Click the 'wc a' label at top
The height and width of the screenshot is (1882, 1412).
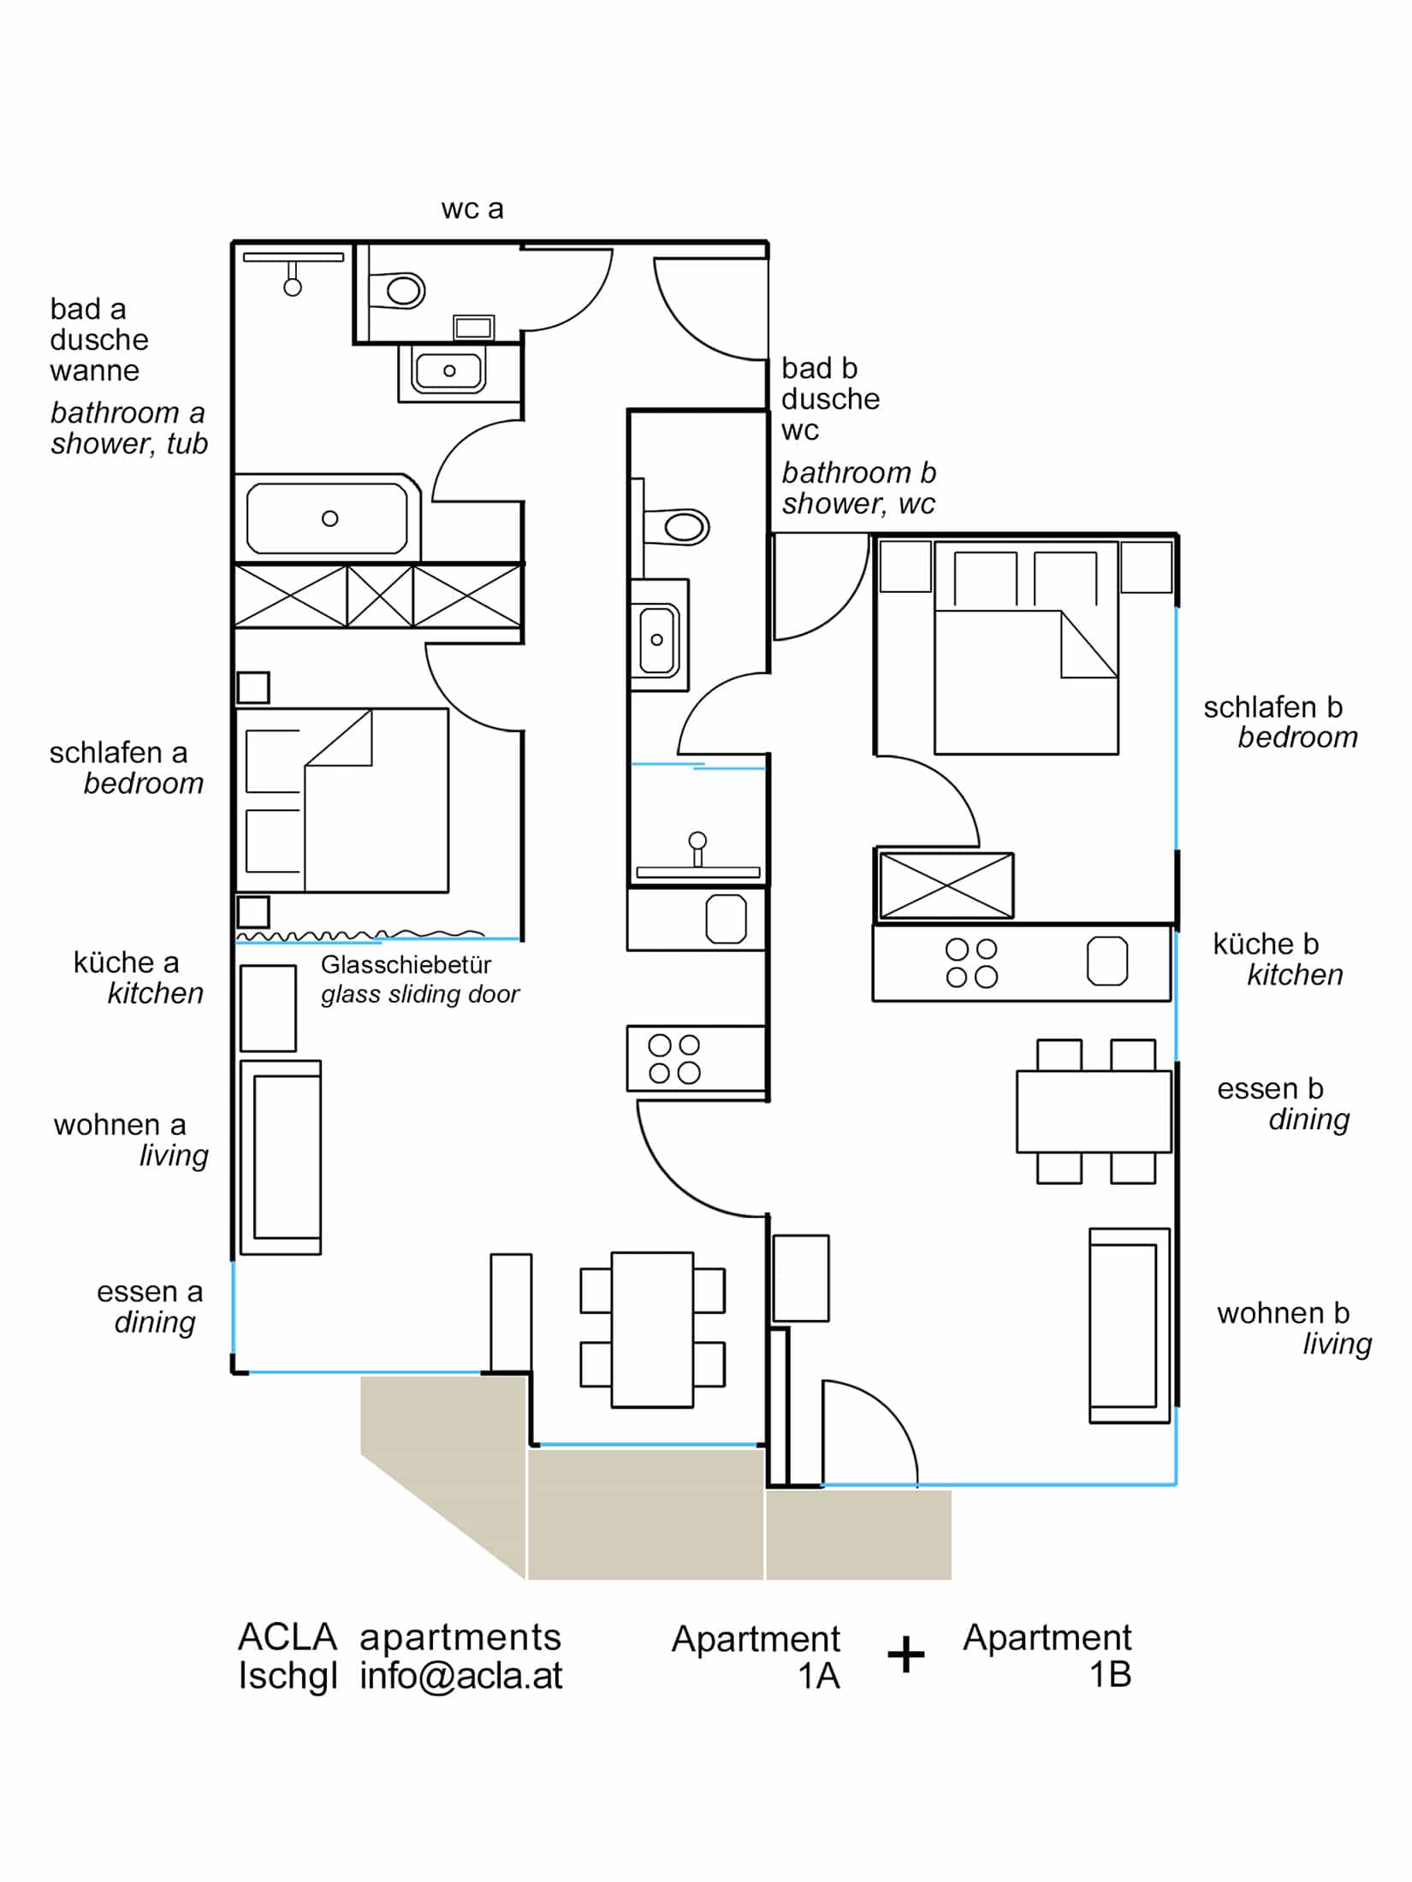point(472,210)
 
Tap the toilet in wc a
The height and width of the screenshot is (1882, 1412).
point(398,291)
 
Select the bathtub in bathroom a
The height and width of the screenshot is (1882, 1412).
point(328,518)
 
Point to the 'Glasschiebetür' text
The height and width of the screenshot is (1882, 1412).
point(406,965)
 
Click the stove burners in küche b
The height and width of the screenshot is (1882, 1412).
point(971,963)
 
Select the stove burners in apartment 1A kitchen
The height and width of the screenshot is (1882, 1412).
point(674,1059)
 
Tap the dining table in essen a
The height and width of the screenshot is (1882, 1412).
point(652,1329)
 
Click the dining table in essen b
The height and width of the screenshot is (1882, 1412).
point(1093,1111)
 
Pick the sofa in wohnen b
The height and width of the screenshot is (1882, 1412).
point(1129,1326)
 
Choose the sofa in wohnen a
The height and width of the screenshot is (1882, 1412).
point(281,1157)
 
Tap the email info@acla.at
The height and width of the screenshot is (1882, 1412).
point(460,1675)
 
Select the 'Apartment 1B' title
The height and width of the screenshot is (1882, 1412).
point(1047,1655)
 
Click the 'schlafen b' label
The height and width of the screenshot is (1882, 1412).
point(1273,707)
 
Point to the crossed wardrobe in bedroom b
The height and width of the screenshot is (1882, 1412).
point(946,886)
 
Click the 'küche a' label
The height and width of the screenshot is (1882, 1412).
point(126,962)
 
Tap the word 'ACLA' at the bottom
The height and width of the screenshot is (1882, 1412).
point(288,1637)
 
